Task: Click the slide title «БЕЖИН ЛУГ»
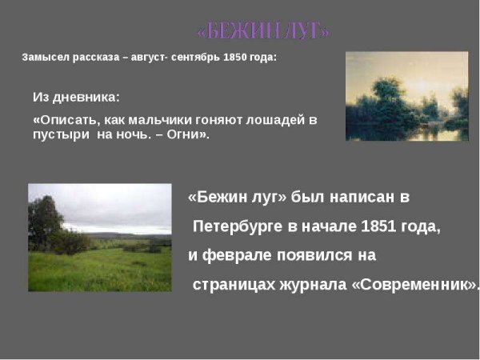pos(263,32)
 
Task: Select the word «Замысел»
pos(45,58)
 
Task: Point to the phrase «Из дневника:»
pos(76,98)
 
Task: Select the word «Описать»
pos(62,120)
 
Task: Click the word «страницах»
pos(231,284)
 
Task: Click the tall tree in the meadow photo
pos(44,220)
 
